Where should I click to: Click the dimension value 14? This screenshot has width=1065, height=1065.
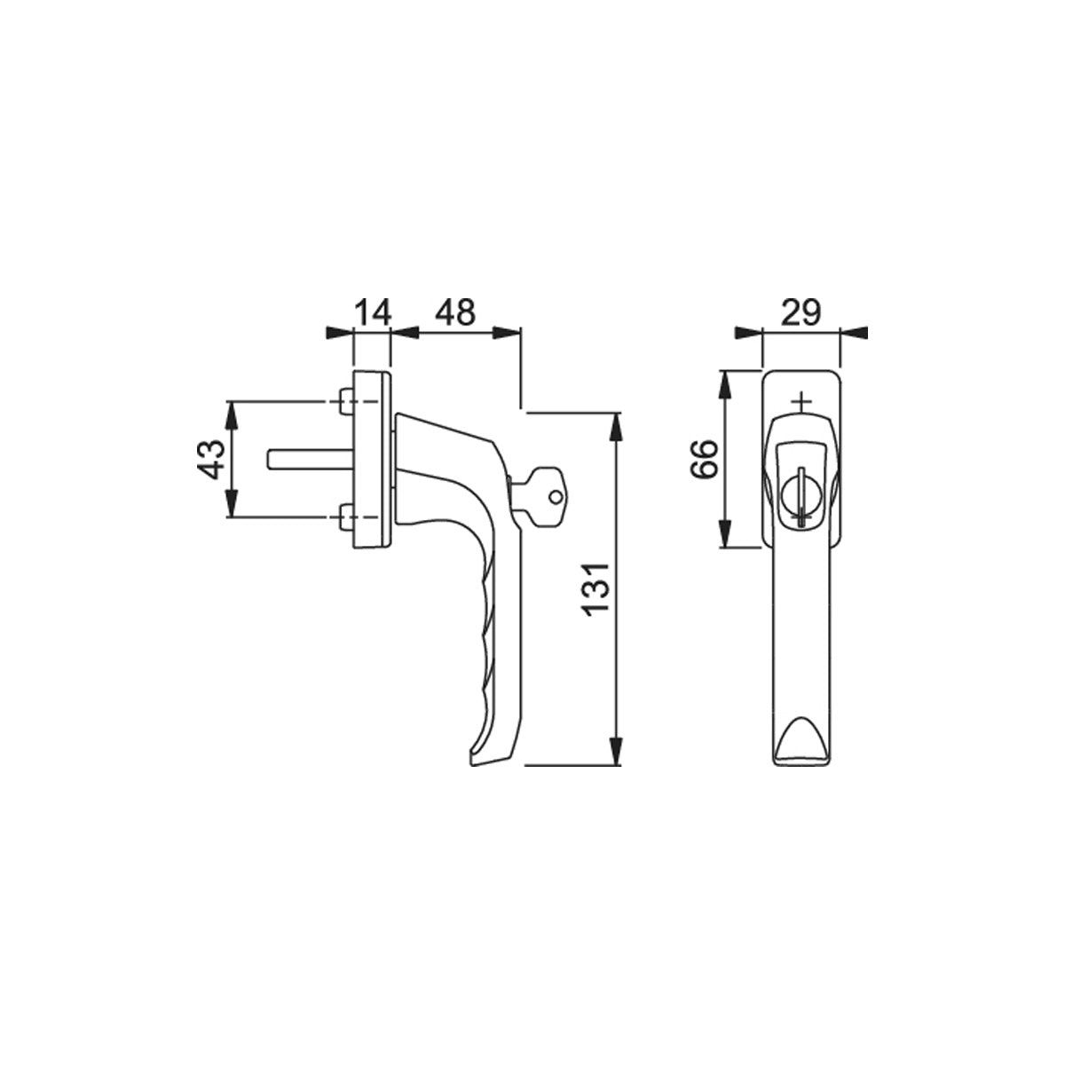tap(373, 312)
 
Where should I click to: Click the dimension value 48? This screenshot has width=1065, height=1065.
tap(455, 312)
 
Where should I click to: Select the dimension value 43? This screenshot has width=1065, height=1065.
tap(211, 460)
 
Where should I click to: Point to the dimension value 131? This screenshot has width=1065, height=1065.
tap(597, 587)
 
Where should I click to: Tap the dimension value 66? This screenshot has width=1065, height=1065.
tap(704, 459)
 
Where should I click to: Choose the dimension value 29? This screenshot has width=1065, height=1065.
tap(801, 312)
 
